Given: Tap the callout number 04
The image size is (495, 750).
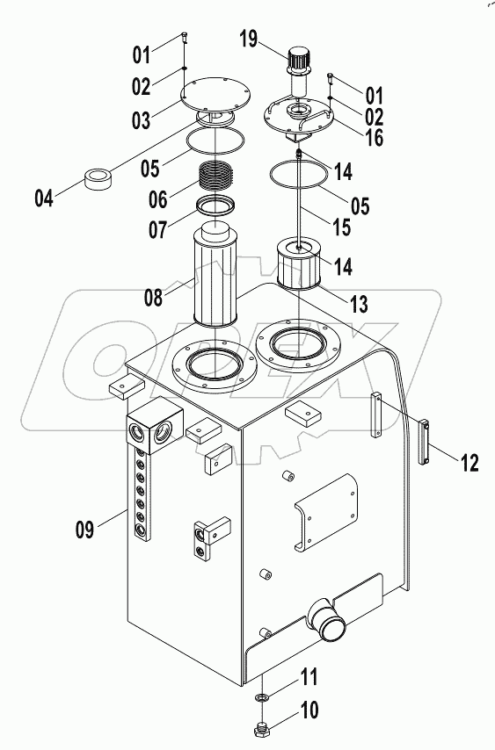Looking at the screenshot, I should (x=44, y=198).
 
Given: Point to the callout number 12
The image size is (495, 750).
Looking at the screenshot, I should (x=470, y=462).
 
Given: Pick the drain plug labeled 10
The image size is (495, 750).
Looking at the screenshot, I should (x=264, y=729).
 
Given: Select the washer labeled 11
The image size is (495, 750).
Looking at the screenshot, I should (x=264, y=696).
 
